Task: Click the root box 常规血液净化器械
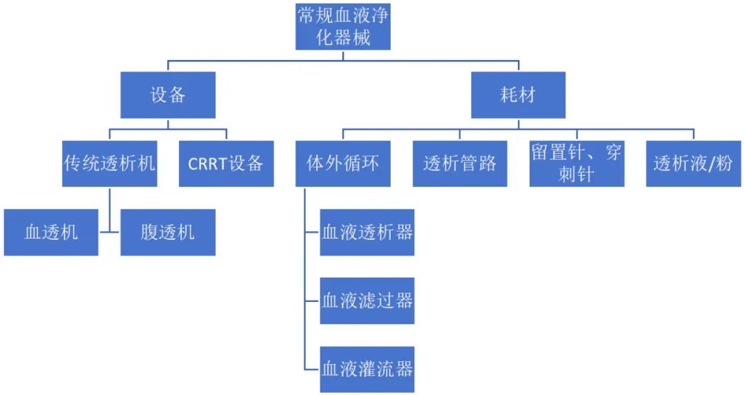343,27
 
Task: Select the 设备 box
168,95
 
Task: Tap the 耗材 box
518,95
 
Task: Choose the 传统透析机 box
110,163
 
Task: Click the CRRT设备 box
227,163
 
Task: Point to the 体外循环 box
343,163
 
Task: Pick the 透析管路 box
459,163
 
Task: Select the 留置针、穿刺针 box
577,163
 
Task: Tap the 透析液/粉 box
694,163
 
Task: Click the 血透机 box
51,232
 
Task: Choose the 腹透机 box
168,232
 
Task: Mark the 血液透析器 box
367,232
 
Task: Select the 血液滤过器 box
367,301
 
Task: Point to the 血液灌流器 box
367,369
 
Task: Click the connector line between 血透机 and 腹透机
110,232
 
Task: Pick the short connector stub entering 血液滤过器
312,301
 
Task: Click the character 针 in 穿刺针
586,174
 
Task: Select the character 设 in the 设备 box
159,95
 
